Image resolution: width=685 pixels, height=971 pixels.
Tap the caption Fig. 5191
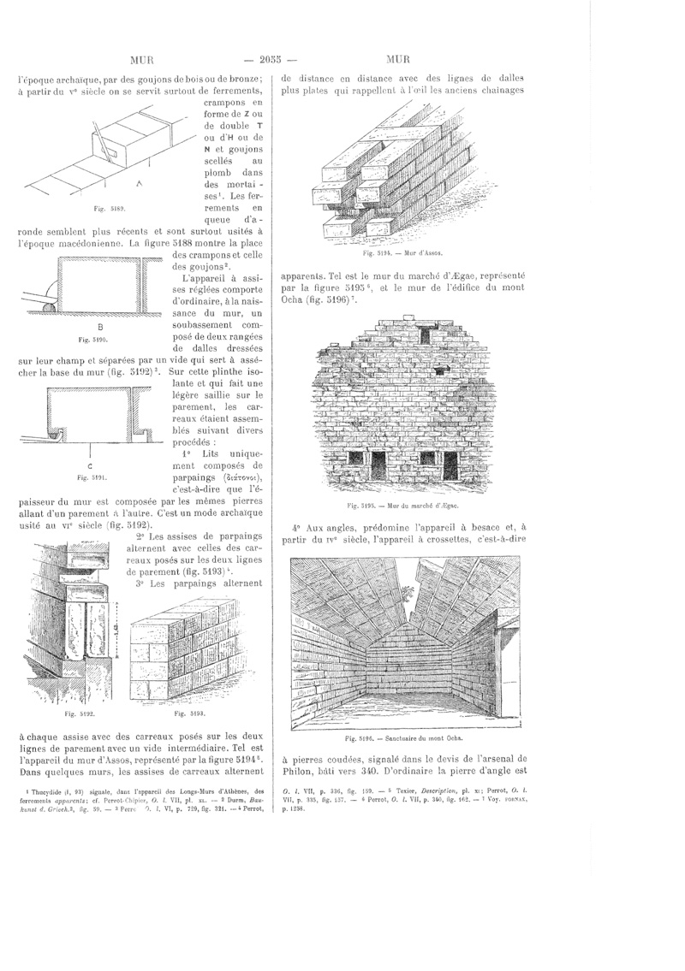(x=90, y=477)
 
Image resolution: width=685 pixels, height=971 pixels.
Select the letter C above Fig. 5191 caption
(x=90, y=465)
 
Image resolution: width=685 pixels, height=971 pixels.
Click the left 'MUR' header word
(x=141, y=60)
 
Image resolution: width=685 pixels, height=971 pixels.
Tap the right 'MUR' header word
(x=398, y=60)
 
